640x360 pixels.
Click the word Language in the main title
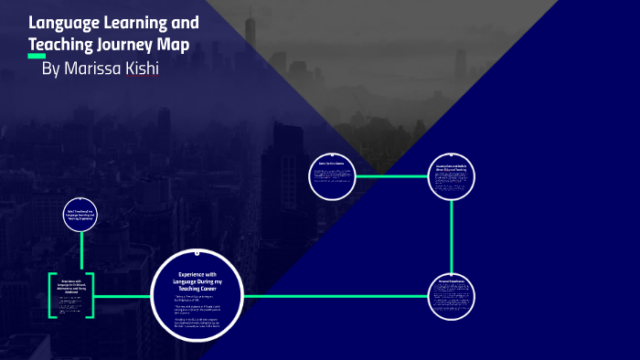[x=63, y=22]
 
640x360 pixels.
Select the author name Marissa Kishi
[x=100, y=69]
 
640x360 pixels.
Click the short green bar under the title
[x=37, y=56]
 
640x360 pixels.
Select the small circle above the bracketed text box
[x=80, y=215]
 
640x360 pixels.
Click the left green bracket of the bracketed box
[x=50, y=295]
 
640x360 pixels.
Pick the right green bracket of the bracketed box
[x=91, y=295]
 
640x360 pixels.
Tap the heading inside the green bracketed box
[x=71, y=286]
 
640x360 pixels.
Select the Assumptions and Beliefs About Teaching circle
[x=452, y=176]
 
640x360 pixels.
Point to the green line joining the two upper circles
[x=390, y=176]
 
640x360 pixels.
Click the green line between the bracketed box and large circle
[x=122, y=296]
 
